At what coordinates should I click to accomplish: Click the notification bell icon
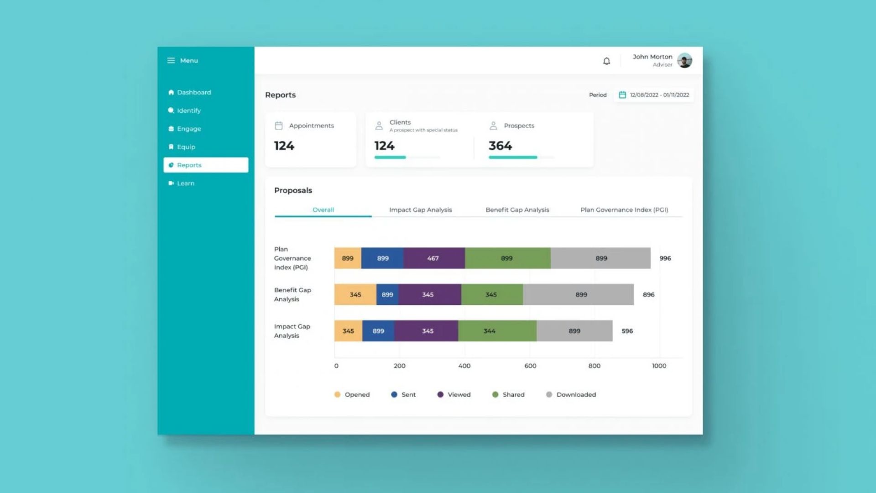[606, 61]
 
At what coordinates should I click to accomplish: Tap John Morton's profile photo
[684, 60]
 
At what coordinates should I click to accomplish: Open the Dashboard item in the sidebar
[193, 92]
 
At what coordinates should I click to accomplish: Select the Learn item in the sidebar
[185, 183]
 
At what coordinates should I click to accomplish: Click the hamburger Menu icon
[171, 60]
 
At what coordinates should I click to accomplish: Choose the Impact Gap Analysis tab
[420, 210]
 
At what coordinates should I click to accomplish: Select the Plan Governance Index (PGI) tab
[624, 210]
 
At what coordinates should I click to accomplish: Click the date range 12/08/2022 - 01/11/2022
[659, 95]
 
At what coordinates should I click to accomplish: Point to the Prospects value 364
[500, 146]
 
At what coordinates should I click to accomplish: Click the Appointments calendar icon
[279, 126]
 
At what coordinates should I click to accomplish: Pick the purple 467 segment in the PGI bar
[433, 258]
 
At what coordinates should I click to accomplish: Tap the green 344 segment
[490, 331]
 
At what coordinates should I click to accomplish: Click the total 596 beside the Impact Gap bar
[627, 331]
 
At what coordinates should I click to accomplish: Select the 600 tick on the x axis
[530, 366]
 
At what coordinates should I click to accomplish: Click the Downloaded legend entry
[576, 394]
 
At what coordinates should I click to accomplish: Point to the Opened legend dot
[337, 394]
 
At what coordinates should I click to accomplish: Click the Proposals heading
[293, 190]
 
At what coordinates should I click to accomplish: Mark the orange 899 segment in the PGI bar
[348, 258]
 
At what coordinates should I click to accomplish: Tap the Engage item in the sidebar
[189, 129]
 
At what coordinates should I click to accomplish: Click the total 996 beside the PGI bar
[665, 258]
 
